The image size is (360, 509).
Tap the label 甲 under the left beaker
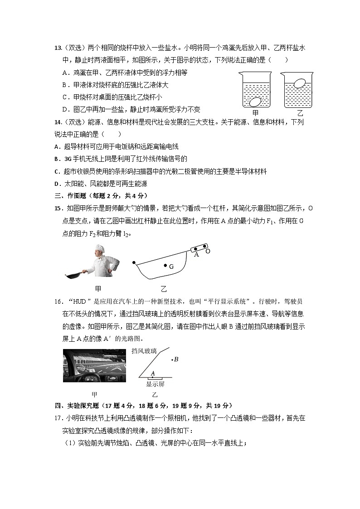click(x=256, y=113)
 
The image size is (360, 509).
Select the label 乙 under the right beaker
click(x=300, y=113)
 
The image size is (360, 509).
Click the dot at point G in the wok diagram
click(x=165, y=266)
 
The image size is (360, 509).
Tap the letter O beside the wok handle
click(x=208, y=251)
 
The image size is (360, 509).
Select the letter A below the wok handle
click(x=196, y=255)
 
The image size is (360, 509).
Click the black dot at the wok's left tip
click(x=134, y=262)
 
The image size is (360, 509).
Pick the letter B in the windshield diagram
click(x=176, y=359)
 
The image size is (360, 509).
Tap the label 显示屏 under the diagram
click(x=155, y=384)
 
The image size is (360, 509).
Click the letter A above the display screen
click(x=153, y=373)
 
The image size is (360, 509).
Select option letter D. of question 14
click(x=57, y=184)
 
